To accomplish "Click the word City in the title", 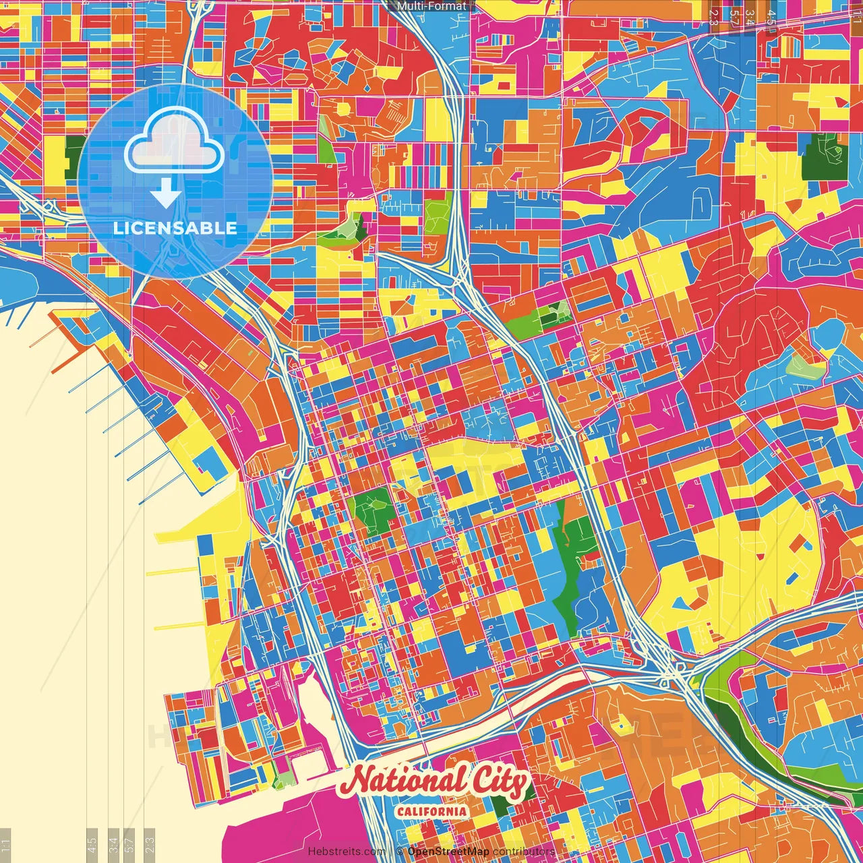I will point(498,783).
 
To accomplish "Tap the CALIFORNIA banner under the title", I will point(431,810).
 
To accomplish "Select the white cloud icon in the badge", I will point(174,143).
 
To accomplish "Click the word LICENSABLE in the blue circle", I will point(175,228).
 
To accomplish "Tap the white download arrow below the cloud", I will point(165,195).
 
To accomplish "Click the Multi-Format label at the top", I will point(431,6).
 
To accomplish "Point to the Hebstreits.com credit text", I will point(347,852).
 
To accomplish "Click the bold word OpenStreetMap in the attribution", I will point(448,852).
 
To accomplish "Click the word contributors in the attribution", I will point(524,852).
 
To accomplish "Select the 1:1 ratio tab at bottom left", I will point(6,845).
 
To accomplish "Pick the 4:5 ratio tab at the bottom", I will point(92,845).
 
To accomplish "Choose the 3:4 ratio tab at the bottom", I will point(114,845).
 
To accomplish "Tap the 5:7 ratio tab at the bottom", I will point(129,845).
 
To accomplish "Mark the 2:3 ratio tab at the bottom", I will point(150,845).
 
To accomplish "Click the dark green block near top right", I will point(824,157).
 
